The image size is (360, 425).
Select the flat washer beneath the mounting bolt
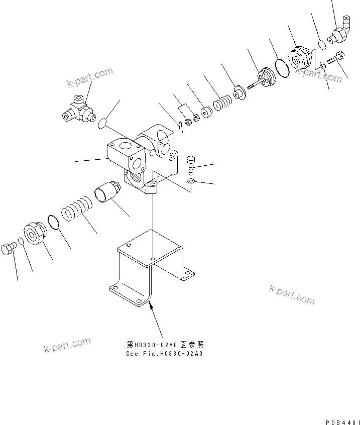[191, 180]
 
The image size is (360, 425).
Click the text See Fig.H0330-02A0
[164, 353]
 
